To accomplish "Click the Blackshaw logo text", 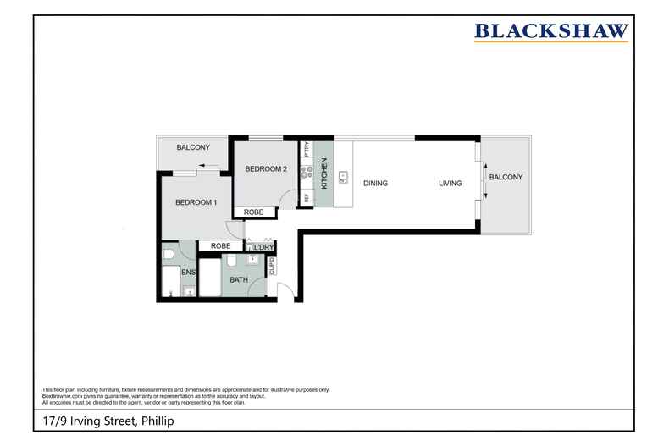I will pos(551,32).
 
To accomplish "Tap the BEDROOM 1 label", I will pos(196,202).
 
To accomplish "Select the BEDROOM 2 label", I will pos(267,169).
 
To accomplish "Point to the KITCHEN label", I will pos(323,177).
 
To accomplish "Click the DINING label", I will pos(375,183).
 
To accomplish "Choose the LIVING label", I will pos(450,183).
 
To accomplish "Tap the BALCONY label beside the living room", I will pos(506,177).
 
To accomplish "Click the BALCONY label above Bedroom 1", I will pos(193,147).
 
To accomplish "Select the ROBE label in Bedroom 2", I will pos(253,212).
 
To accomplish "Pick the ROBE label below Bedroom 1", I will pos(220,245).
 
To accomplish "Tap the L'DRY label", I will pos(263,247).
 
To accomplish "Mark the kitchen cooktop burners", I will pos(306,170).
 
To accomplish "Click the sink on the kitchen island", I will pos(343,178).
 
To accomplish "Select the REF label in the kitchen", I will pos(306,197).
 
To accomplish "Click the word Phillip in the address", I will pos(158,421).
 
